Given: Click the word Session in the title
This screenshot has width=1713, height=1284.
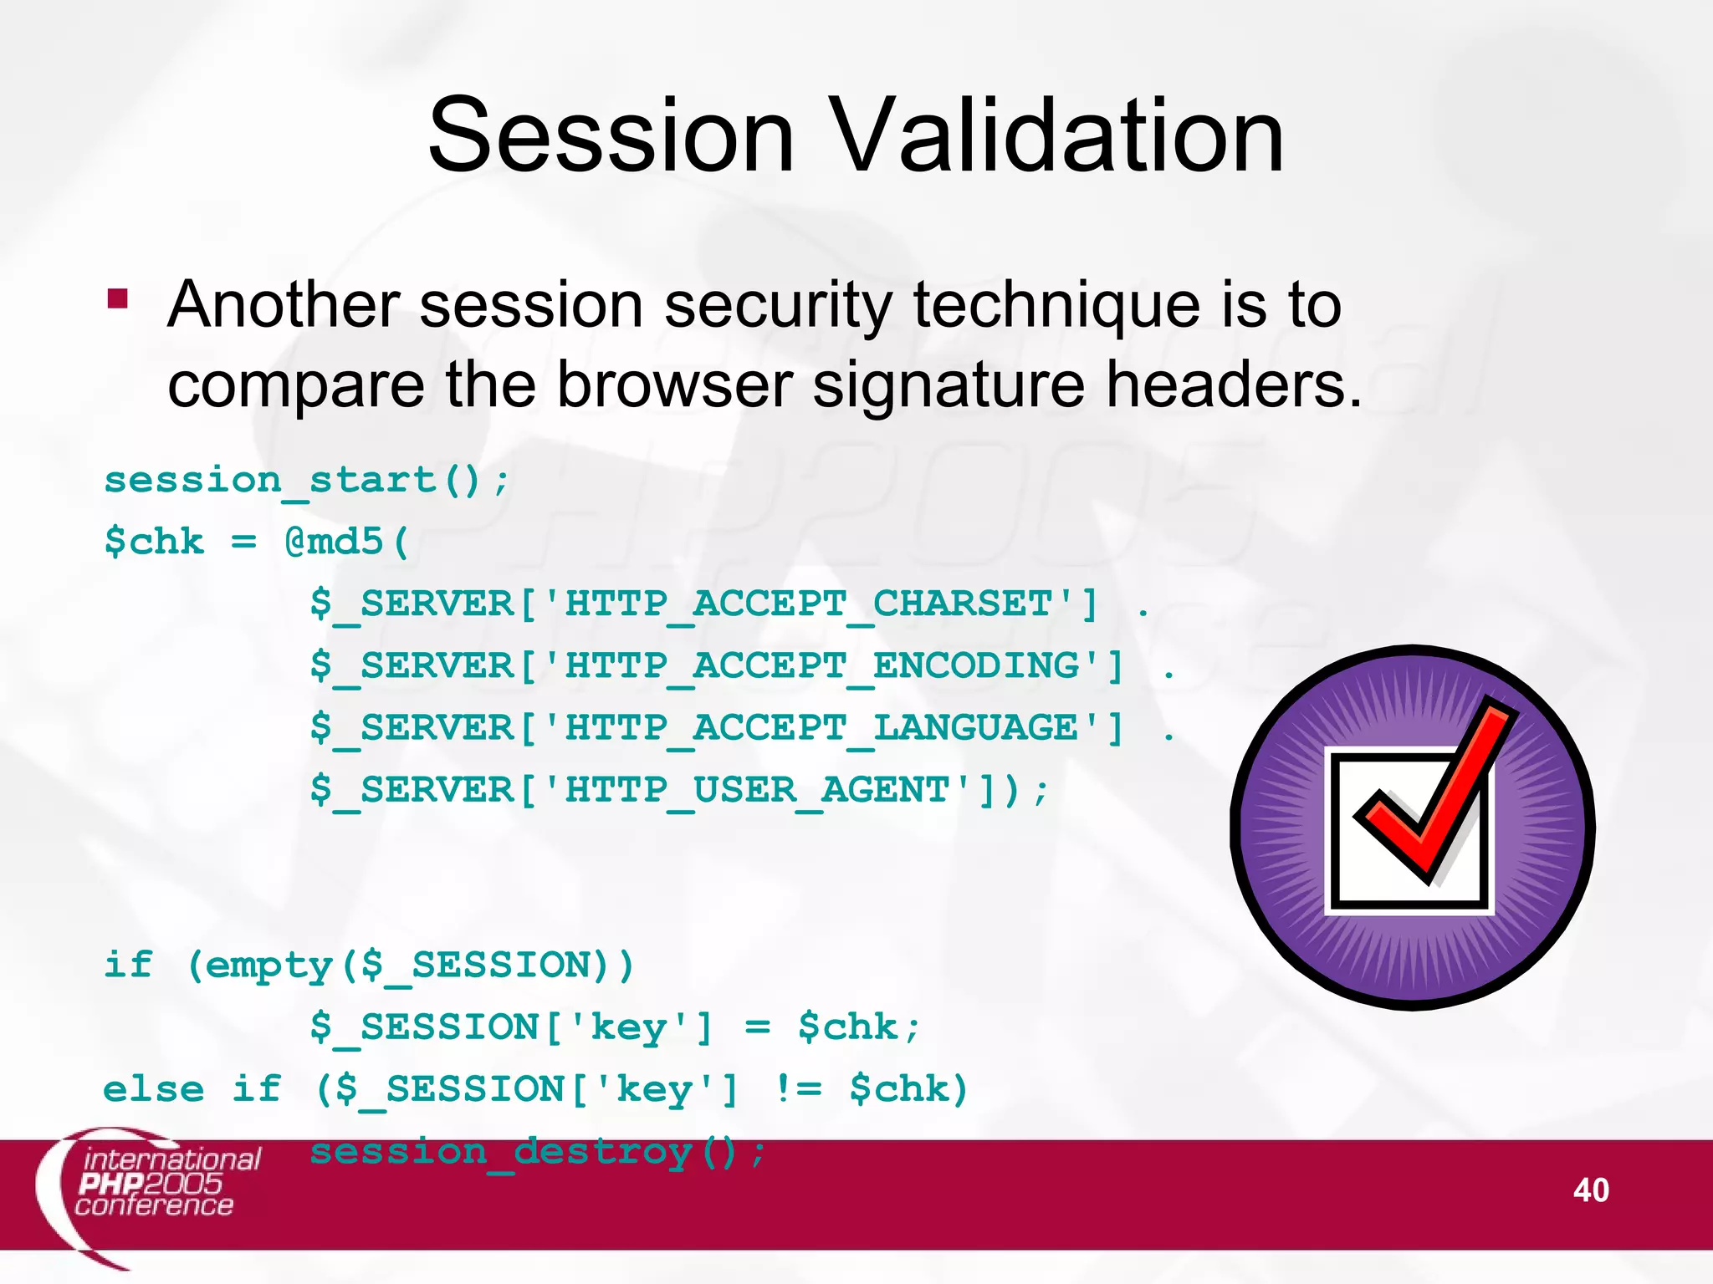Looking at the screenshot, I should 611,135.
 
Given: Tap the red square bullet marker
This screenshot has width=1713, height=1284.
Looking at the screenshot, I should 118,298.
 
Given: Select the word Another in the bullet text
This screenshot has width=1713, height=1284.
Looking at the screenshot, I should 283,304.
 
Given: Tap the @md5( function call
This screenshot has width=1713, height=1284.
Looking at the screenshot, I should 346,543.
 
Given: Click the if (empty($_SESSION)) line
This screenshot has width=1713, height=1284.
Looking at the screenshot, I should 368,966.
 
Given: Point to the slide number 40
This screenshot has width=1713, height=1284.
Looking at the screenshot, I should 1590,1190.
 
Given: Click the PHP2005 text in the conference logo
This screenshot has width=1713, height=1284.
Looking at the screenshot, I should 151,1183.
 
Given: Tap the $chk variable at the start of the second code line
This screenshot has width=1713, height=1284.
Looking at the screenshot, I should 154,543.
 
